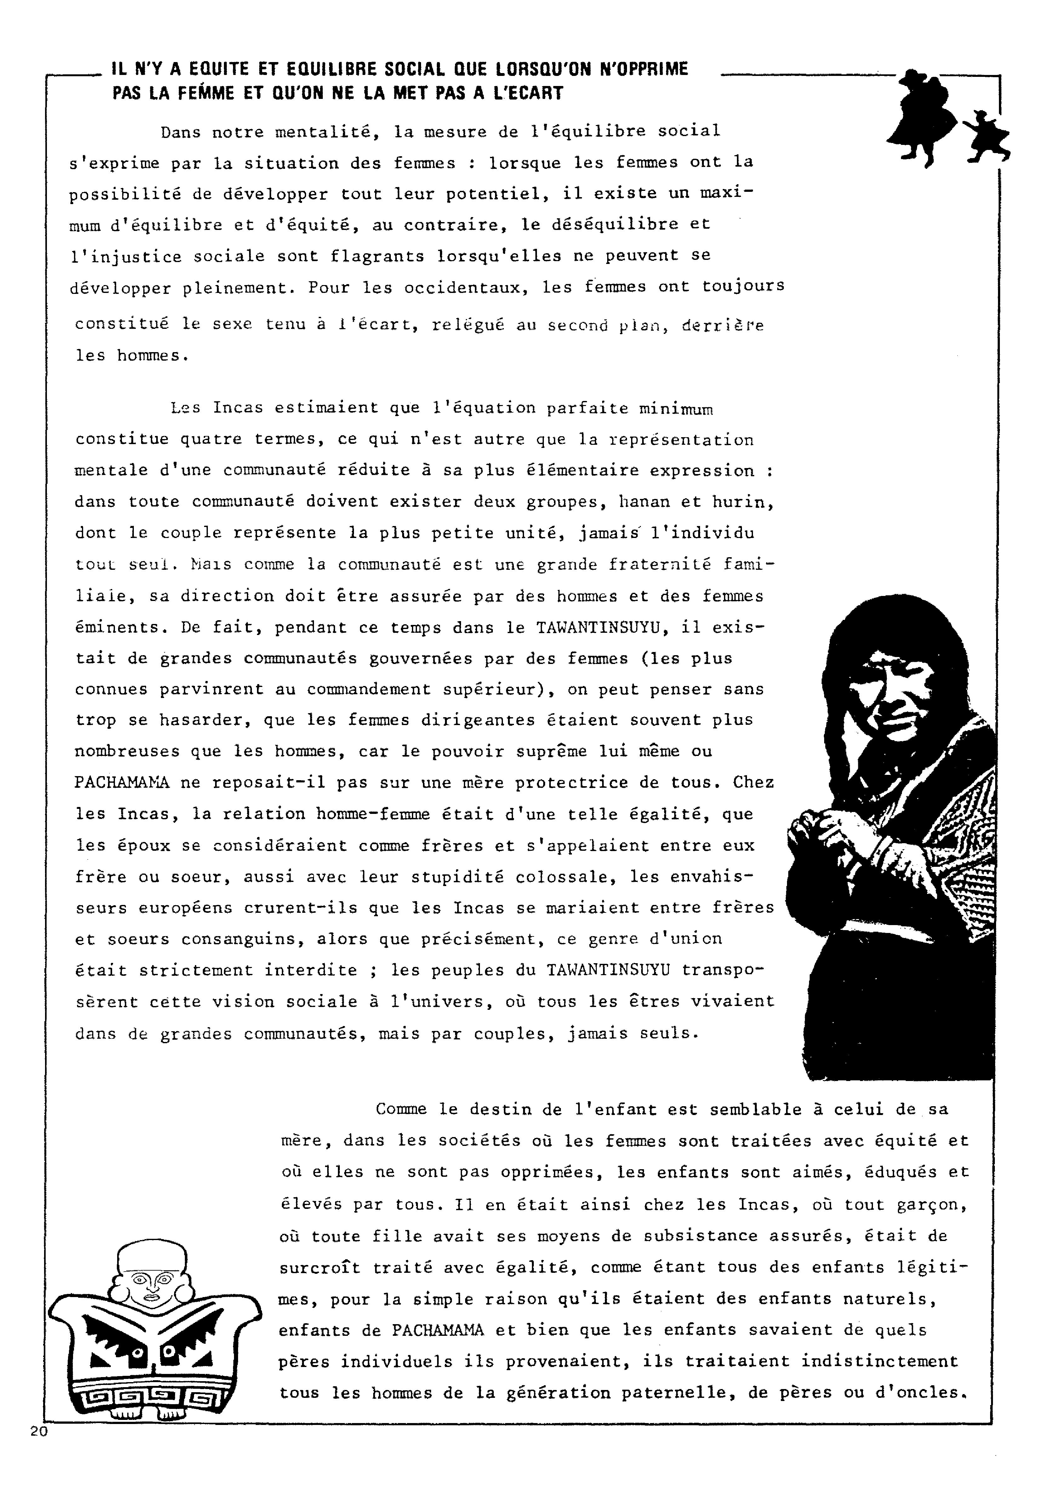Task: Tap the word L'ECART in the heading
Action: pos(528,93)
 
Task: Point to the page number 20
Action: pos(39,1431)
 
